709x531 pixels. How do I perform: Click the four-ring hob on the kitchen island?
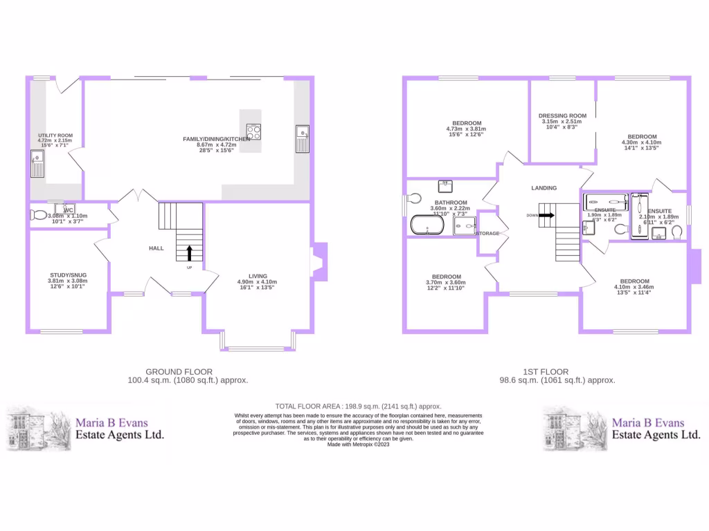pyautogui.click(x=254, y=131)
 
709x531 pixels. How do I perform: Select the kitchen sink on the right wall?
pyautogui.click(x=303, y=138)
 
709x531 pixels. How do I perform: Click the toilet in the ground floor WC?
pyautogui.click(x=38, y=215)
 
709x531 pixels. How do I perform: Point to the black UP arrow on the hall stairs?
pyautogui.click(x=189, y=253)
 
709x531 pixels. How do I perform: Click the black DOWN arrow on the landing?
pyautogui.click(x=546, y=215)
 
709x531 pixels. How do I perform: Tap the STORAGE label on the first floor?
pyautogui.click(x=487, y=234)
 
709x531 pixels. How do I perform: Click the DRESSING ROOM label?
pyautogui.click(x=562, y=115)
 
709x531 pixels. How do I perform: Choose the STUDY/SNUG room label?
pyautogui.click(x=67, y=274)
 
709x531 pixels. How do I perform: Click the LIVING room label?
pyautogui.click(x=258, y=276)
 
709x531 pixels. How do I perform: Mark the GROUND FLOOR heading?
pyautogui.click(x=179, y=371)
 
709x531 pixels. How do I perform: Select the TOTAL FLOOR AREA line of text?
pyautogui.click(x=358, y=406)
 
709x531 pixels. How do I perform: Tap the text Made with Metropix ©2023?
pyautogui.click(x=358, y=444)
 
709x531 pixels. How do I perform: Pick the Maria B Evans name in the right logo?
pyautogui.click(x=647, y=422)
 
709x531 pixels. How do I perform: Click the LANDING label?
pyautogui.click(x=544, y=188)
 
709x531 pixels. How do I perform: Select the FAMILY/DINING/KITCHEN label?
pyautogui.click(x=216, y=139)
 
